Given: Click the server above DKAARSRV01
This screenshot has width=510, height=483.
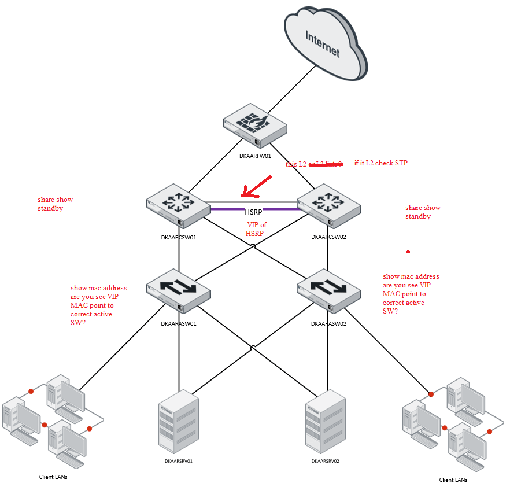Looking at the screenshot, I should [x=178, y=421].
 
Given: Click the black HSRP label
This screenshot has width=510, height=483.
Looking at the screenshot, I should [x=254, y=212].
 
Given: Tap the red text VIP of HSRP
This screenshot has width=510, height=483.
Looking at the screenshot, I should [x=256, y=229].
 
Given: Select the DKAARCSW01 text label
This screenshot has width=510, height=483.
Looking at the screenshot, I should [x=179, y=237].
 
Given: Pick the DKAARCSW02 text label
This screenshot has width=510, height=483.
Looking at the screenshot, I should [x=328, y=237].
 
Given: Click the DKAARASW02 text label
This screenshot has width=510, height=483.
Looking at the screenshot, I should [x=328, y=324].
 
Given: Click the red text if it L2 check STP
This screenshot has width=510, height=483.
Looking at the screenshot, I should [x=380, y=163].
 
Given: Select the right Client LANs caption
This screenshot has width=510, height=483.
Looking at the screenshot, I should [x=453, y=480].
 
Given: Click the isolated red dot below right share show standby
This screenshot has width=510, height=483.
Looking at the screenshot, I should [x=408, y=252].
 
